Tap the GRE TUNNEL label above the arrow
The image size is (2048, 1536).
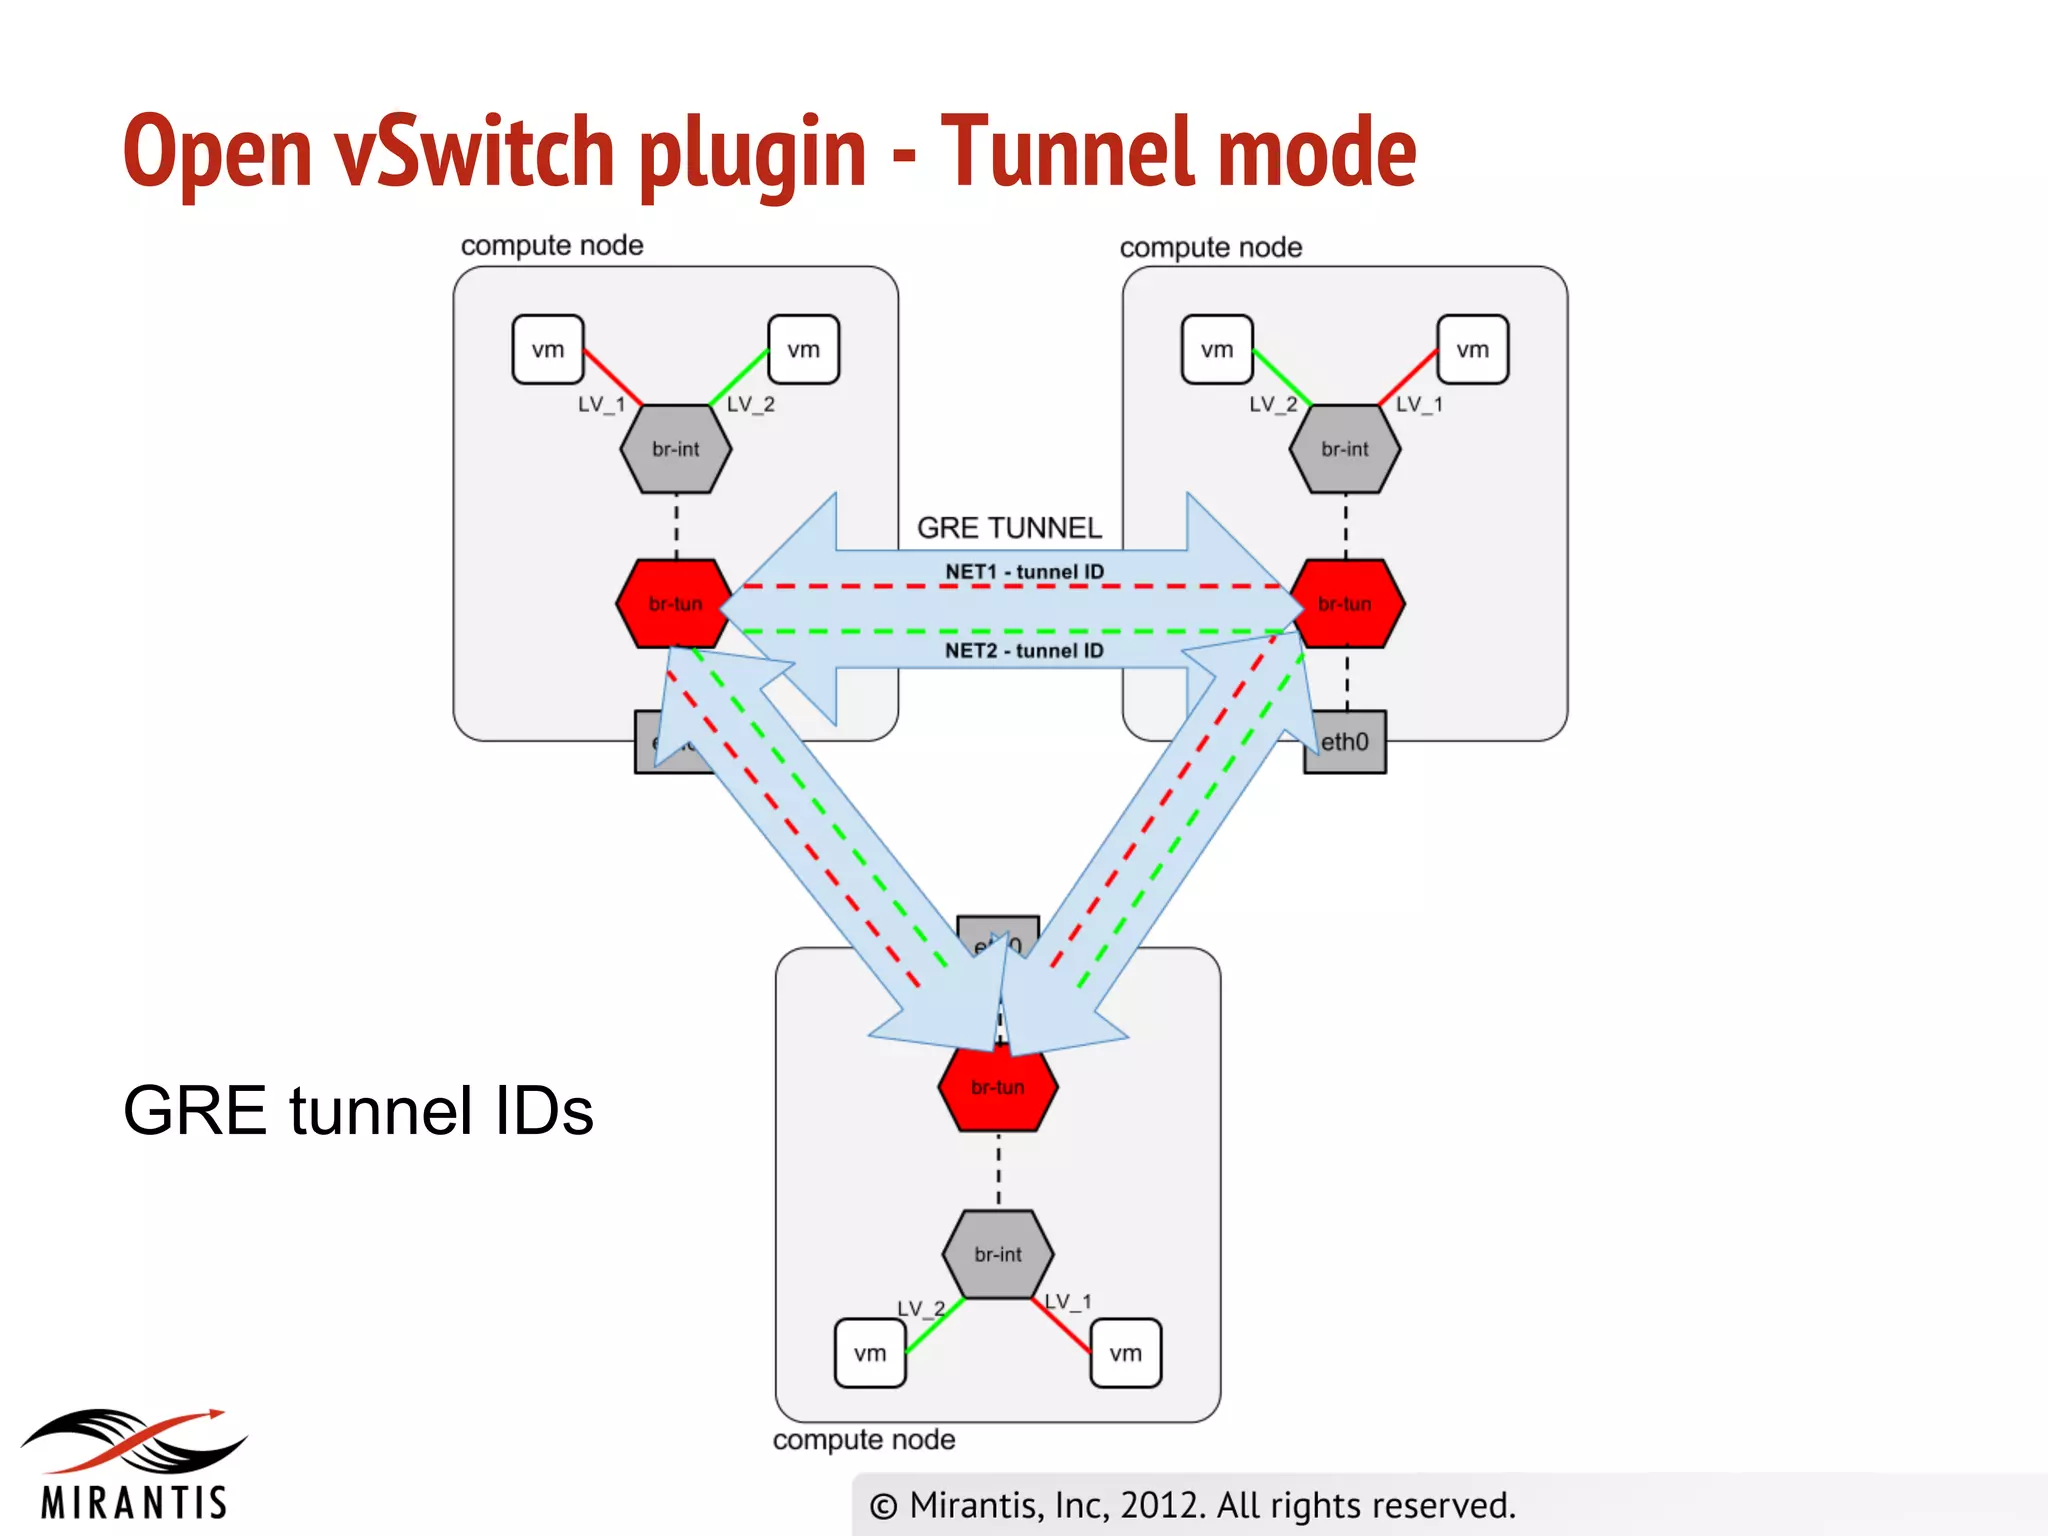[x=1009, y=527]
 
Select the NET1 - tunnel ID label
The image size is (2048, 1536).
[x=1024, y=571]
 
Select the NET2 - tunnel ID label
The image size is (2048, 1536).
[x=1024, y=651]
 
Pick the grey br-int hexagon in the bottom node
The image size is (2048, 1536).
[x=997, y=1254]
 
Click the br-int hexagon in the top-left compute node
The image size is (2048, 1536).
[x=676, y=449]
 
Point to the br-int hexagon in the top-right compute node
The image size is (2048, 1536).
[x=1344, y=449]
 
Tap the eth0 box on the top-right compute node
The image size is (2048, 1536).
[x=1346, y=742]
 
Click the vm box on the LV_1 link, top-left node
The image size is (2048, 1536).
[x=547, y=350]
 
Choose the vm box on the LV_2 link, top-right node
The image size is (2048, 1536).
[x=1216, y=350]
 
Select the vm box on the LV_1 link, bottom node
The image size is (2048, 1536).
[x=1125, y=1353]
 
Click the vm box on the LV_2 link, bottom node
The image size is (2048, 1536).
[x=869, y=1353]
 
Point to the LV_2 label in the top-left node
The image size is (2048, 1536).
[x=750, y=404]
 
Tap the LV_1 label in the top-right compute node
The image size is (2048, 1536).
[x=1419, y=404]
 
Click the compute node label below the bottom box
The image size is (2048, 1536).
[x=863, y=1440]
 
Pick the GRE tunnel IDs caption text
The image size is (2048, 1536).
[x=358, y=1110]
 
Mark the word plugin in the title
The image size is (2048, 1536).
[x=752, y=152]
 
